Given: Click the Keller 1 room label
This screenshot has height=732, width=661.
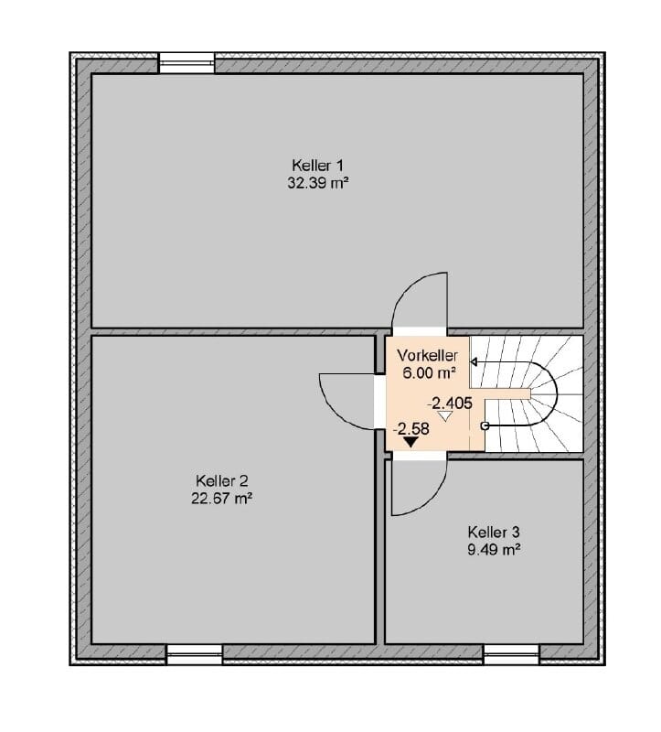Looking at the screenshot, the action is pos(317,166).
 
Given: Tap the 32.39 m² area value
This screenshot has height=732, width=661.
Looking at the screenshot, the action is pos(318,183).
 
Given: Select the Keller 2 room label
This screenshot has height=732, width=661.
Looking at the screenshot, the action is pos(221,481).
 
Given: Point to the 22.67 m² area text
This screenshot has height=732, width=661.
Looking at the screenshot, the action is pos(221,499).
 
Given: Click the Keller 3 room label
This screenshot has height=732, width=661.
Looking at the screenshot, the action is pos(494,533).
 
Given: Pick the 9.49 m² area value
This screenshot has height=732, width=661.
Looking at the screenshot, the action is pos(494,550).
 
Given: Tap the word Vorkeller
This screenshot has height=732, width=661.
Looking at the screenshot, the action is pos(427,356).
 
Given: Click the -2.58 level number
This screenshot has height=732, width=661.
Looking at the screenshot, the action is pos(411,428).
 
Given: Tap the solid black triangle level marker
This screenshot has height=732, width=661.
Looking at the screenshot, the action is pos(411,442).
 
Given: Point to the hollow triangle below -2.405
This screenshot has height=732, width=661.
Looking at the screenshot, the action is pos(446,416).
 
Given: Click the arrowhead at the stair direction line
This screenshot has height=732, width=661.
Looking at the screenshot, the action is pos(474,361).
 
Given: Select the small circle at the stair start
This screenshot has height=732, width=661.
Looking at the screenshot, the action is pos(485,425).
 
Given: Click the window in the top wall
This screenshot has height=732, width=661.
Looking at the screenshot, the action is pos(187,62).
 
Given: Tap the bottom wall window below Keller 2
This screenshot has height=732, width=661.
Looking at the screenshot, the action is pos(195,654).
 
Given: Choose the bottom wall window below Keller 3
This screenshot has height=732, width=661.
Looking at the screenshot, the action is pos(511,654).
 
